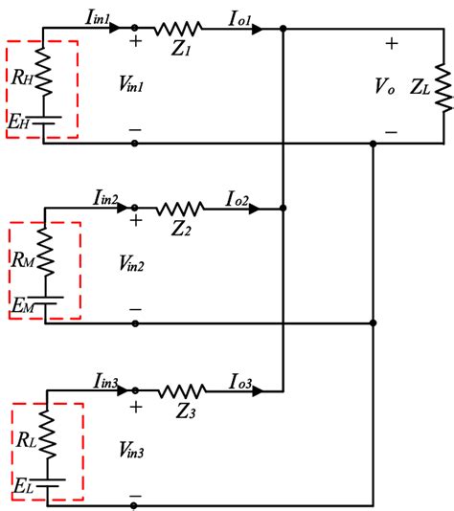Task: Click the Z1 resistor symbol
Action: [x=178, y=29]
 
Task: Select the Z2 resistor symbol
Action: [x=180, y=209]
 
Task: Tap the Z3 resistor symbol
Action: [x=182, y=391]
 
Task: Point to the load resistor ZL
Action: [x=444, y=88]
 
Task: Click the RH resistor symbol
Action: [x=43, y=72]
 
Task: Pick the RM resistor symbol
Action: [x=45, y=252]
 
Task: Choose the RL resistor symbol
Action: [x=47, y=434]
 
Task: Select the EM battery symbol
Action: [x=46, y=300]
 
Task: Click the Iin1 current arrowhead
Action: [x=115, y=28]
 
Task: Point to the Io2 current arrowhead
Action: [x=255, y=209]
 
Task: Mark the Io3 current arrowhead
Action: [x=258, y=391]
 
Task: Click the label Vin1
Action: [x=131, y=84]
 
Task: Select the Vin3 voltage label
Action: [x=131, y=450]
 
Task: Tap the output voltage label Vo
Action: [x=385, y=86]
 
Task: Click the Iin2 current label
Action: [x=105, y=198]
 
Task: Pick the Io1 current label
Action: [x=239, y=18]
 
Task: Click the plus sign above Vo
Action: [x=392, y=44]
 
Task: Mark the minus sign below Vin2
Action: [x=135, y=309]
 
